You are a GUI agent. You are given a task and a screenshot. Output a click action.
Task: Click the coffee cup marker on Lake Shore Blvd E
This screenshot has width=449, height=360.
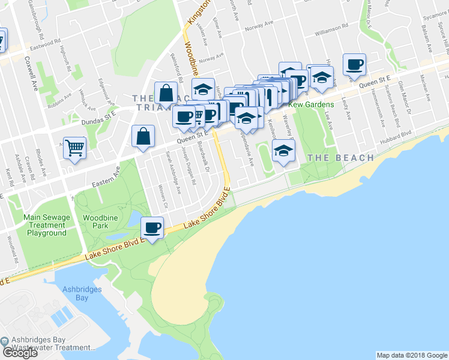(x=152, y=227)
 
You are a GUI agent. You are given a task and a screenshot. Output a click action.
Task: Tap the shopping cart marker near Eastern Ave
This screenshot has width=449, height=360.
(x=74, y=148)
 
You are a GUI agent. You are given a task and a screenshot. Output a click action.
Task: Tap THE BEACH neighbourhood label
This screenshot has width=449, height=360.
(x=340, y=158)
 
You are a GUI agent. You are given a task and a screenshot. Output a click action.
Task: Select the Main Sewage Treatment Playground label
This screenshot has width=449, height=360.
(x=46, y=225)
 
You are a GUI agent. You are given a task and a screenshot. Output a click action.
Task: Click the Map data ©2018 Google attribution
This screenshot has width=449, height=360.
(x=412, y=355)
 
